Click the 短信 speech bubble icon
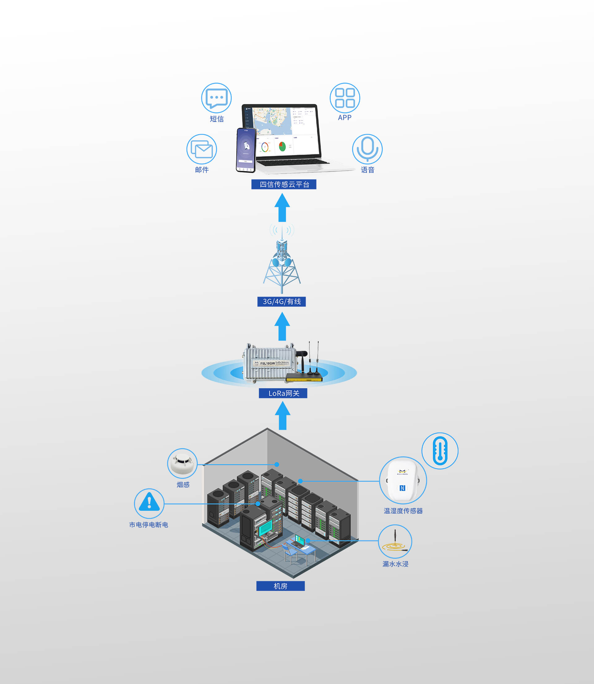tap(216, 98)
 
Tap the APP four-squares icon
tap(345, 98)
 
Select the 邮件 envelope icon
tap(201, 149)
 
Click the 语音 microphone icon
tap(367, 149)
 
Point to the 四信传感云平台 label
tap(284, 184)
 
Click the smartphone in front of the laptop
tap(246, 150)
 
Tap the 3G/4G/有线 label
tap(282, 302)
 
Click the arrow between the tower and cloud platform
tap(282, 208)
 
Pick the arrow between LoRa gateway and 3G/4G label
tap(282, 327)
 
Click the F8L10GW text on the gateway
tap(268, 363)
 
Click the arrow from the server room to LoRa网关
tap(282, 416)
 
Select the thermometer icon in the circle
tap(440, 451)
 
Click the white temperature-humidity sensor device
tap(403, 480)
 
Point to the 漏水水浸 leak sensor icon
tap(395, 541)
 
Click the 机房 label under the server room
tap(280, 586)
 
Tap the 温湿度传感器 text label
tap(403, 511)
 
